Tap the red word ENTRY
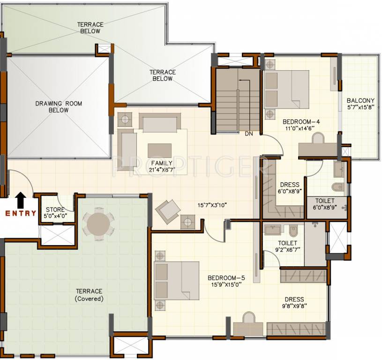coord(21,214)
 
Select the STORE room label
coord(55,212)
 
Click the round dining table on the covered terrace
coord(98,224)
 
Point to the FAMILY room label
coord(162,166)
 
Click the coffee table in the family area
coord(159,150)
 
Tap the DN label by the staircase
coord(249,134)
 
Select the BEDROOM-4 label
coord(301,125)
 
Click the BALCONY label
coord(360,104)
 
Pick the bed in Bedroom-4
coord(286,90)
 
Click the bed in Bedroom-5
coord(177,281)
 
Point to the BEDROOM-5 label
coord(226,281)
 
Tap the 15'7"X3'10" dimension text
coord(212,205)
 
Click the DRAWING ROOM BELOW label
coord(59,107)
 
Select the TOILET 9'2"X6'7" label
coord(287,246)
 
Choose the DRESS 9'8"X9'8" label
coord(294,302)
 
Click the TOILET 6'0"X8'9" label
coord(325,204)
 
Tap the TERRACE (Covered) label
coord(89,295)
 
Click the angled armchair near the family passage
coord(168,211)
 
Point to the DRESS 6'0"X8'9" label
coord(290,188)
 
